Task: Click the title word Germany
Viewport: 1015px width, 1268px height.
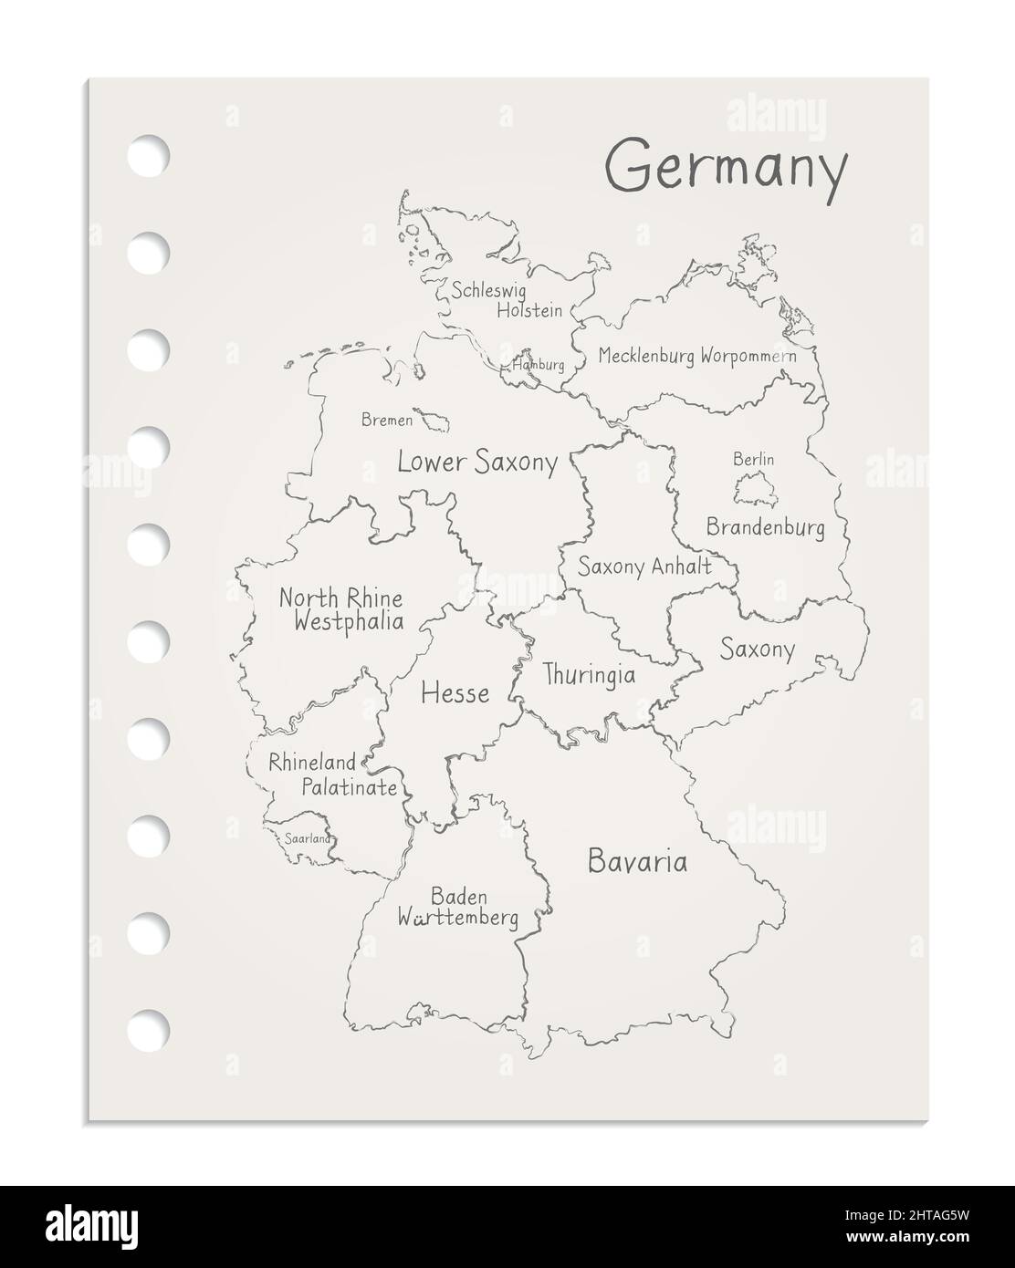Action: coord(727,170)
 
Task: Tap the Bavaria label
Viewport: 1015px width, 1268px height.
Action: coord(637,861)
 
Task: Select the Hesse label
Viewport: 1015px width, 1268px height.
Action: coord(455,693)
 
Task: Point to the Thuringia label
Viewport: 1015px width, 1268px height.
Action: coord(589,675)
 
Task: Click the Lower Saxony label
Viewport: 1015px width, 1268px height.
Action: coord(476,463)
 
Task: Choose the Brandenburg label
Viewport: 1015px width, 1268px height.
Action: coord(765,526)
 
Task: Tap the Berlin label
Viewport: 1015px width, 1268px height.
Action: coord(753,460)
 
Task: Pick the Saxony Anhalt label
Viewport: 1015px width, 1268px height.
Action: coord(644,566)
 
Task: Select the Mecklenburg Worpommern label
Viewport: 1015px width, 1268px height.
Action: coord(696,356)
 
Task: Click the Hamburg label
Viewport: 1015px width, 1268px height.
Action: coord(539,365)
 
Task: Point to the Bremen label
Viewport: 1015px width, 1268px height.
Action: coord(386,421)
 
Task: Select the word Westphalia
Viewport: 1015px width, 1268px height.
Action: coord(348,622)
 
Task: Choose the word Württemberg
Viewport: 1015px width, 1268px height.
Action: coord(458,919)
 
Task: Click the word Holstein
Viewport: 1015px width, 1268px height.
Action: coord(528,310)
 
